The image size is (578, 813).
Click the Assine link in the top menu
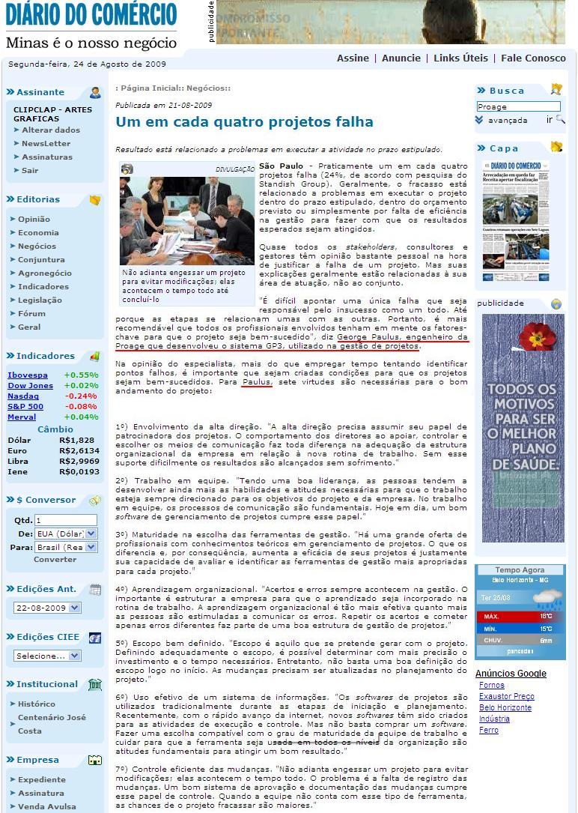pos(353,58)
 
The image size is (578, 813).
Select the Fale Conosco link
pos(533,58)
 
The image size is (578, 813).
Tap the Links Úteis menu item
pos(460,58)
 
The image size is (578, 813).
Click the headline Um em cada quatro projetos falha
pos(244,122)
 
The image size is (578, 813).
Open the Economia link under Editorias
pos(38,233)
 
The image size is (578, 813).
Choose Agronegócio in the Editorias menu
pos(45,273)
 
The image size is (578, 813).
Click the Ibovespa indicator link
pos(28,375)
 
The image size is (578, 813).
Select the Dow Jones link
pos(30,386)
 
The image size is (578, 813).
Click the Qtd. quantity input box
pos(66,520)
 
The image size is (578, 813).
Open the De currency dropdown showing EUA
pos(66,534)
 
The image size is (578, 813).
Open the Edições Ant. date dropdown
pos(47,608)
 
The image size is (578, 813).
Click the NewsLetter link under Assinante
pos(46,144)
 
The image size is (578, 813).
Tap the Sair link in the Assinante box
pos(30,171)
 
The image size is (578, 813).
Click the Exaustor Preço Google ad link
pos(506,697)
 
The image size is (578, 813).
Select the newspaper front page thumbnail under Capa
pos(513,221)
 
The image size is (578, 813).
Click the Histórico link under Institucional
pos(37,704)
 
